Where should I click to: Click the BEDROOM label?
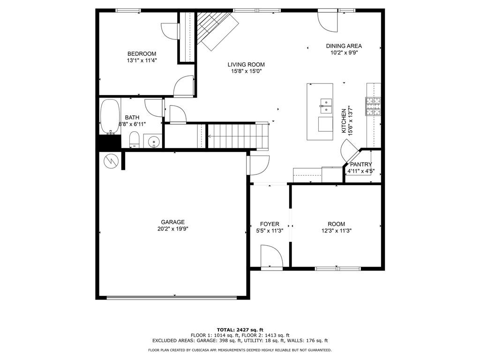coord(142,54)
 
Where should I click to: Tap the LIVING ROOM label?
coord(246,65)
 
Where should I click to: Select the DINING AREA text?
coord(344,46)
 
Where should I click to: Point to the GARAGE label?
coord(172,222)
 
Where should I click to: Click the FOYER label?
coord(270,224)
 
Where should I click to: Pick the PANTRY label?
coord(361,165)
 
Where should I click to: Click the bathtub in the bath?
coord(110,117)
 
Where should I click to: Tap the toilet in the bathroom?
coord(135,139)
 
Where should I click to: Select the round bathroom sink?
coord(153,142)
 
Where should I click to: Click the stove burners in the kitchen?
coord(373,106)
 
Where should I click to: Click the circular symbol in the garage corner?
coord(111,161)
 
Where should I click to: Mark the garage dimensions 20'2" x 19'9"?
coord(173,229)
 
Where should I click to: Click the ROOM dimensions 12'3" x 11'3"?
coord(337,231)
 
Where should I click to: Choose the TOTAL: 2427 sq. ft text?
coord(240,330)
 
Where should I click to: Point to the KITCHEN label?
coord(344,121)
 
